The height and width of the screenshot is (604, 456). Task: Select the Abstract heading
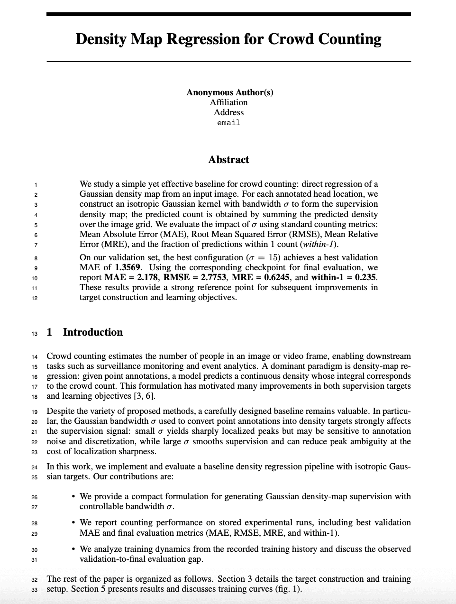pos(228,160)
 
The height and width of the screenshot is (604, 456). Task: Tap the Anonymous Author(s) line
pos(229,92)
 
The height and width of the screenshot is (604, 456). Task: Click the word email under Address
pos(228,123)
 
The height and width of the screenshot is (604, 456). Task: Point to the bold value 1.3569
pos(128,267)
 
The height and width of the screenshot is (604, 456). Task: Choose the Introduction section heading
pos(92,332)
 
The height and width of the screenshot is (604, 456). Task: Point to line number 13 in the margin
pos(35,334)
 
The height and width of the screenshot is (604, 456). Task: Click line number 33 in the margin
pos(35,590)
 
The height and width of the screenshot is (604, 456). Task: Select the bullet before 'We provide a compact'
pos(73,496)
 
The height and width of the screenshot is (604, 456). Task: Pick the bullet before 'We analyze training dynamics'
pos(73,549)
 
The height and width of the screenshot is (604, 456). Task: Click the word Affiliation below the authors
pos(228,102)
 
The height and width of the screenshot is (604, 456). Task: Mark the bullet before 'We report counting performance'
pos(73,522)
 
